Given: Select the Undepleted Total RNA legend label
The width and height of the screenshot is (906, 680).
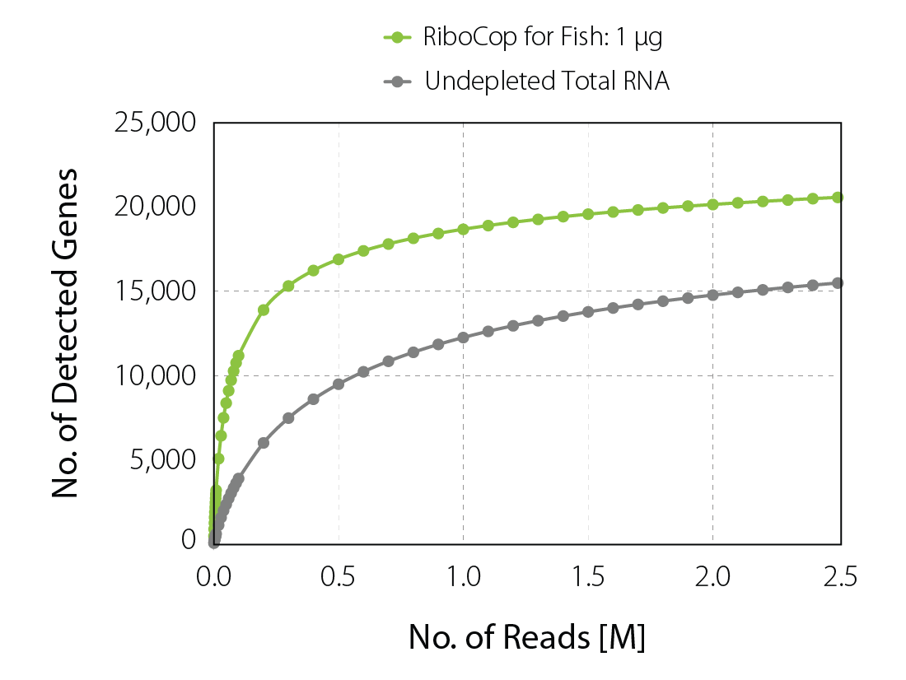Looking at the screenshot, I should [547, 81].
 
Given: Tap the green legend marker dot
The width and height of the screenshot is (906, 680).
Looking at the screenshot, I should [397, 37].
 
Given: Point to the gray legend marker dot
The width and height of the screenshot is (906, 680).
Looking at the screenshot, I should [397, 81].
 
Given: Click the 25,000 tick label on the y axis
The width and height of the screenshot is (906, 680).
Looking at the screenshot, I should [156, 123].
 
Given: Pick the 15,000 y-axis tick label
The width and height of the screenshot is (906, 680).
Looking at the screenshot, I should [156, 291].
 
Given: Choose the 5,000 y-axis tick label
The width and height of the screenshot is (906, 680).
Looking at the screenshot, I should [163, 459].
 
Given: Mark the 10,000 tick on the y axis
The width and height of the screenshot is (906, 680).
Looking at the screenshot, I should [156, 375].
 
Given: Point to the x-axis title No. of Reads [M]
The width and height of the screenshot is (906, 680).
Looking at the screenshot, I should [527, 637].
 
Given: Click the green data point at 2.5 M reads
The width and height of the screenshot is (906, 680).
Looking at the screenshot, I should [838, 198].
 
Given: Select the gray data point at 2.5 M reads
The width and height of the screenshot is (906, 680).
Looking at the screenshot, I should [838, 283].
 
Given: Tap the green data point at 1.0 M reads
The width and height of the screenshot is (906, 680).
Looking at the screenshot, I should [463, 229].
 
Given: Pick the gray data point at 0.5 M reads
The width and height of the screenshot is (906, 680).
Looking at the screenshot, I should [339, 384].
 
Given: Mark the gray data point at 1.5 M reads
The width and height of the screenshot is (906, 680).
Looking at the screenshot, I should [588, 311].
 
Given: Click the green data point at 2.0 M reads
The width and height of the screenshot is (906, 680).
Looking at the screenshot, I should [712, 204].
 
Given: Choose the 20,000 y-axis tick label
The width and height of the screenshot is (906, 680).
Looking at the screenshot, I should [156, 207].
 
